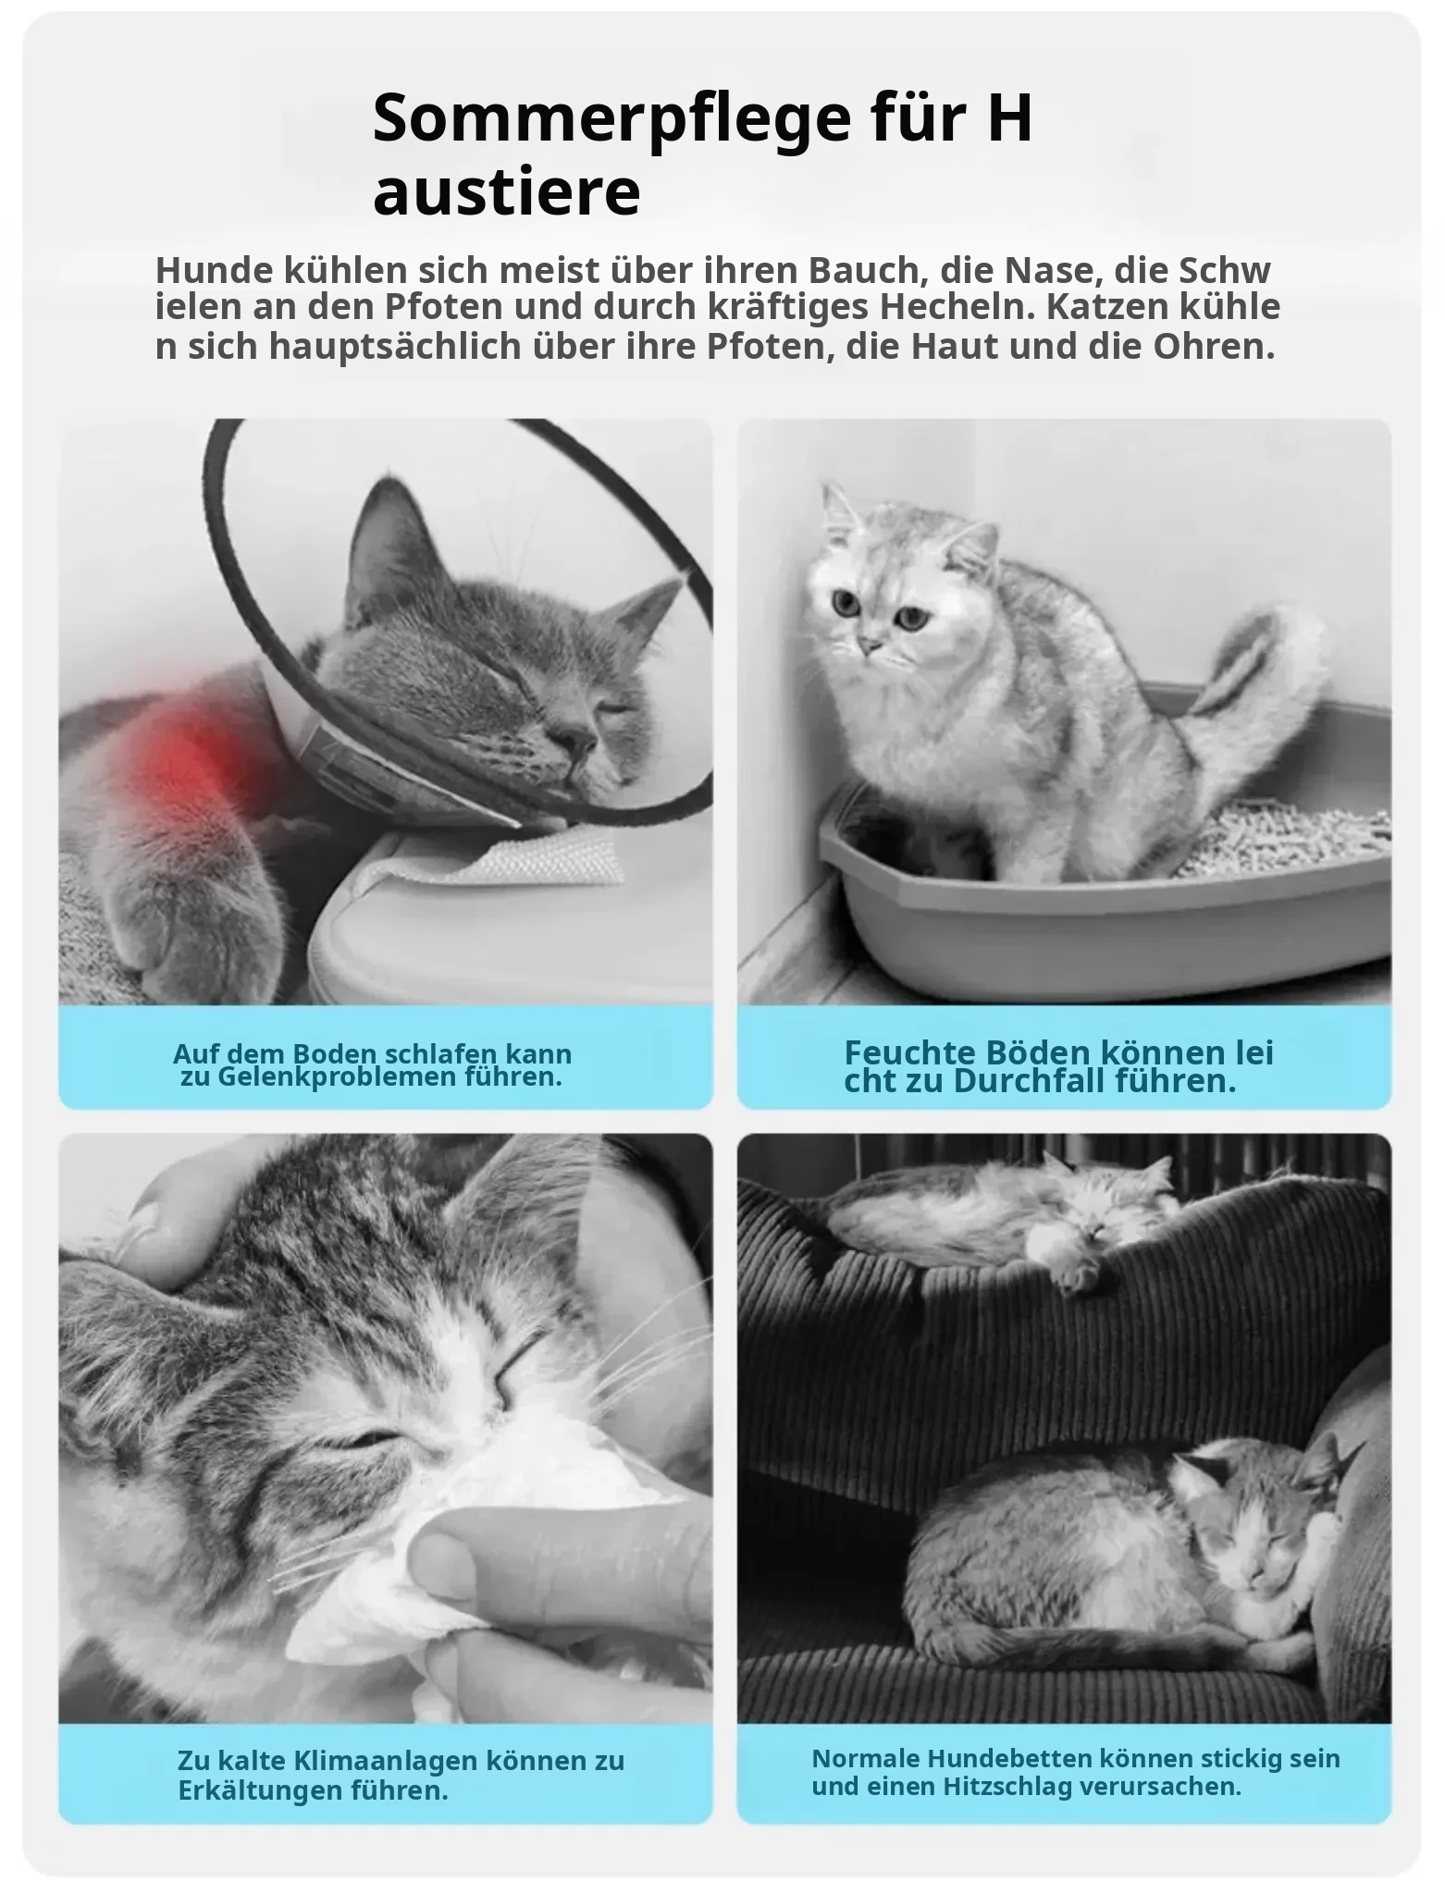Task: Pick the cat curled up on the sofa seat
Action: pyautogui.click(x=1124, y=1535)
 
